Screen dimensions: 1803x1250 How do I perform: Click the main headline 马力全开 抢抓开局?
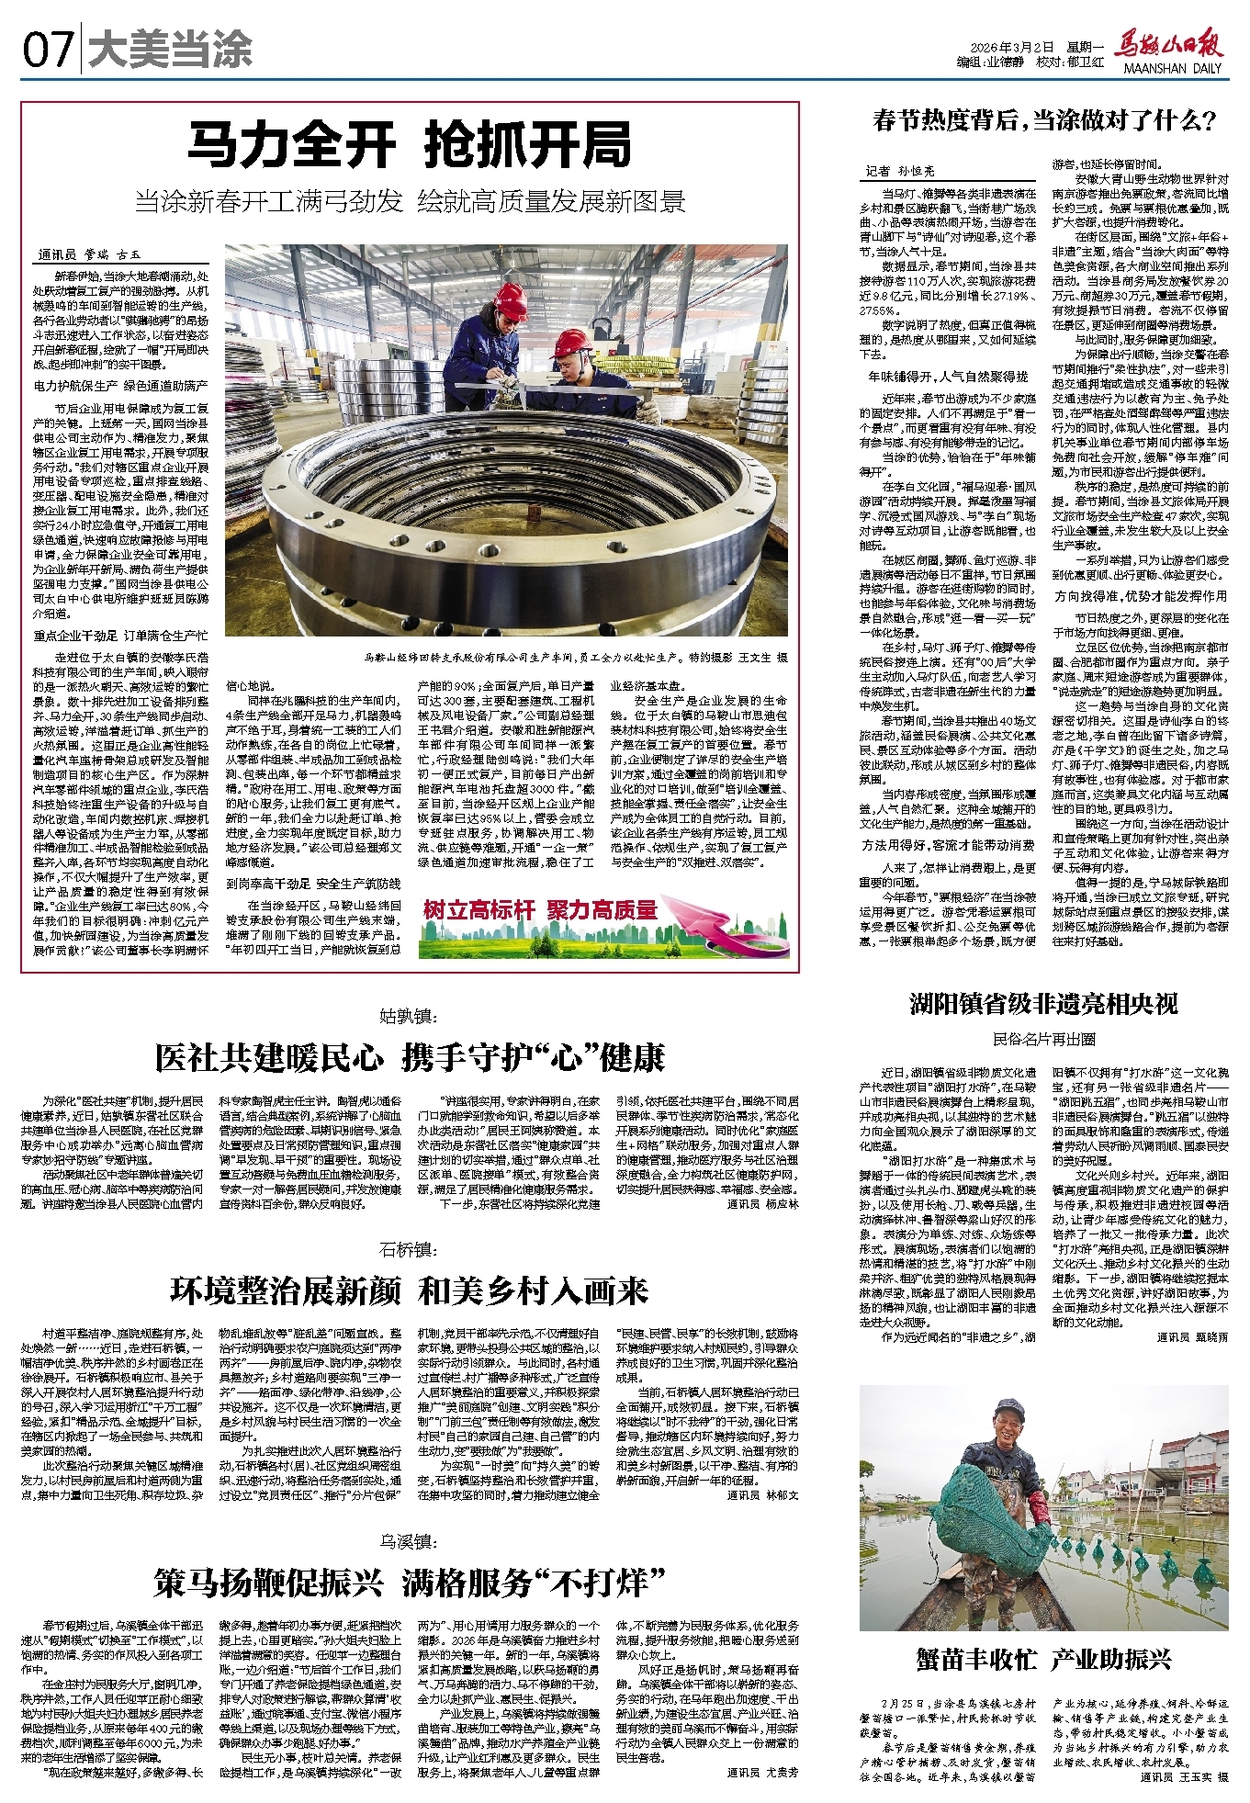tap(410, 145)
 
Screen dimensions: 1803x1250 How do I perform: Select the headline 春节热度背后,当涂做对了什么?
tap(1044, 120)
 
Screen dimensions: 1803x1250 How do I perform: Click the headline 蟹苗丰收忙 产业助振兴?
tap(1043, 1659)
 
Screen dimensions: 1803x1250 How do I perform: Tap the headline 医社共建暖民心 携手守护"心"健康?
tap(410, 1058)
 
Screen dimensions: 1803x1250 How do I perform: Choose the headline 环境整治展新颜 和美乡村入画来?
tap(410, 1290)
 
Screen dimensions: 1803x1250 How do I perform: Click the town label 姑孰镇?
tap(410, 1016)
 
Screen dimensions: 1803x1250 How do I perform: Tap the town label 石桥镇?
tap(410, 1249)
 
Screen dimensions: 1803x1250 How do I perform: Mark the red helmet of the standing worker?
tap(510, 301)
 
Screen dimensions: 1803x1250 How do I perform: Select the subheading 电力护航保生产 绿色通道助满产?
tap(120, 386)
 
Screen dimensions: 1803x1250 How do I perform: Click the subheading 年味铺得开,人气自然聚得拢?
tap(948, 377)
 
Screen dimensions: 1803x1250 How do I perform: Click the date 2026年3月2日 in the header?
tap(1012, 48)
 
